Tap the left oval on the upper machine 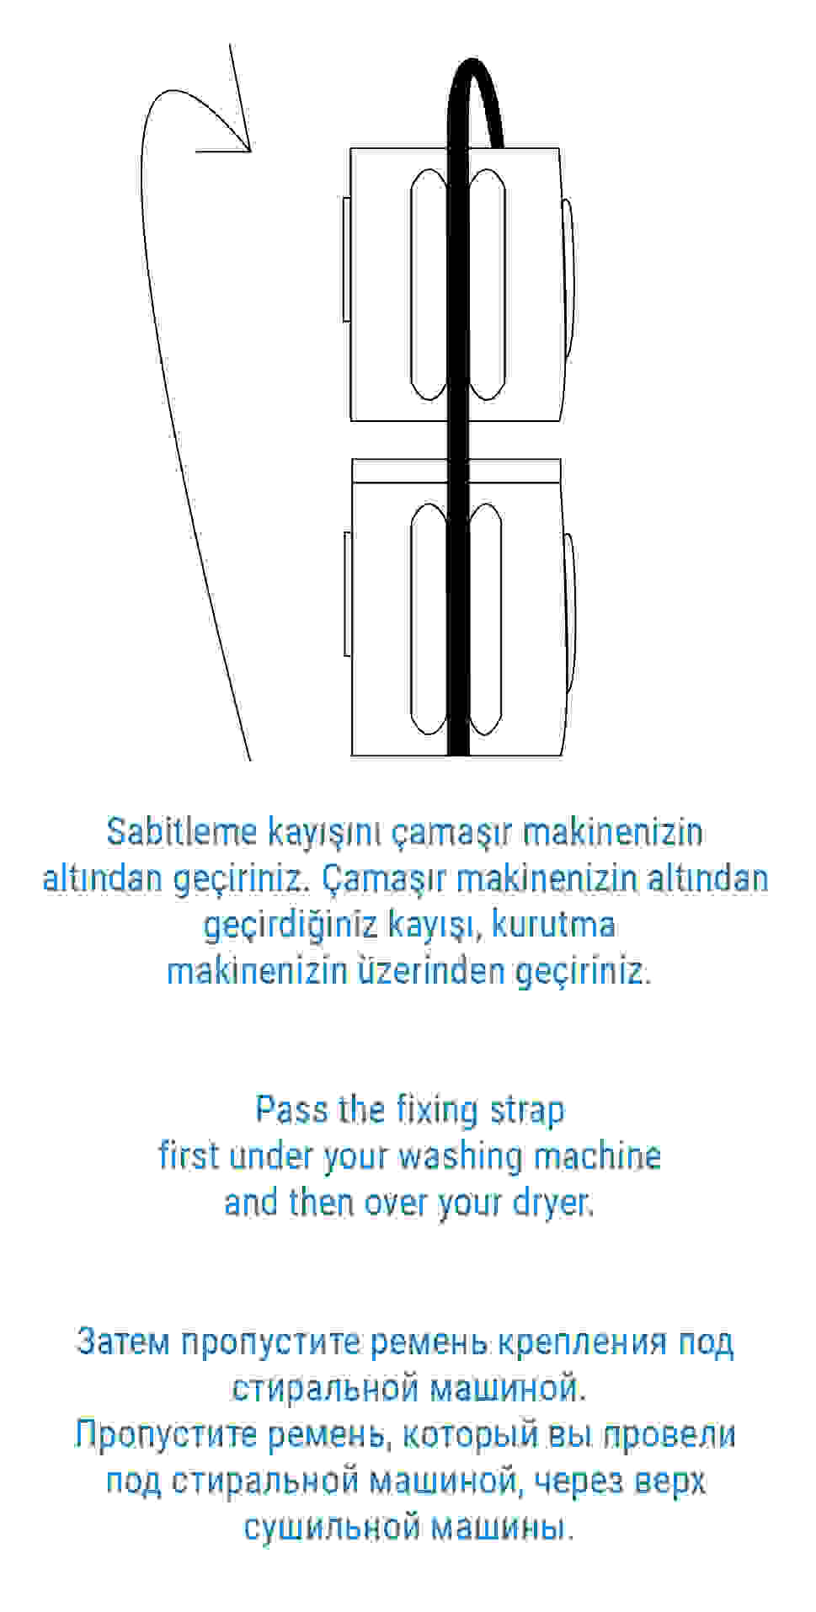(x=428, y=284)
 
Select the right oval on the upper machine (x=487, y=284)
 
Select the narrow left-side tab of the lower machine (x=347, y=594)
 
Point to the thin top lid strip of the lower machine (x=456, y=471)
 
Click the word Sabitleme (x=181, y=832)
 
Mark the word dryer (x=552, y=1202)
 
